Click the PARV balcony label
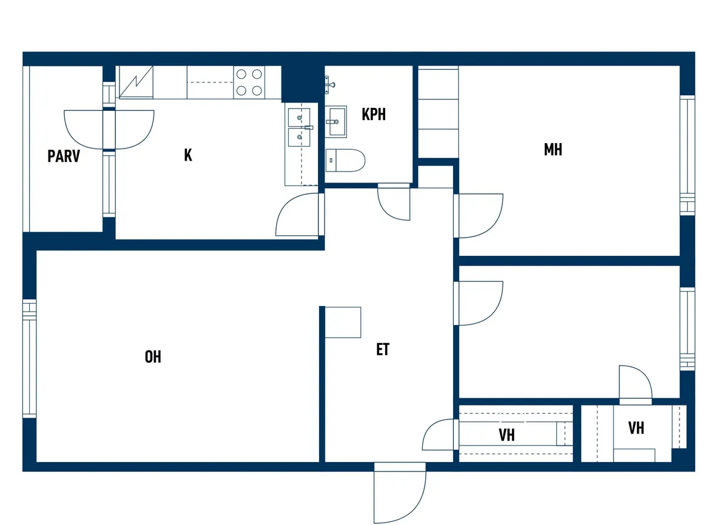64,156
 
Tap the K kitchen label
188,155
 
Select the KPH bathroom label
374,115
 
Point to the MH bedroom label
553,150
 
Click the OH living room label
153,357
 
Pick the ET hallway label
383,350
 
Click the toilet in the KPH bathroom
345,161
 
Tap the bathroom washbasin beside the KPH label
336,121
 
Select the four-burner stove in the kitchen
249,82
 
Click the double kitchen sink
299,127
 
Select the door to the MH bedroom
479,216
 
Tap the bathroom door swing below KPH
394,202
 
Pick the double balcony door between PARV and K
109,130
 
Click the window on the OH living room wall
29,358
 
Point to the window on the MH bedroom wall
687,155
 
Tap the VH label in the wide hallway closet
507,435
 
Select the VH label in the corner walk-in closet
636,428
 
